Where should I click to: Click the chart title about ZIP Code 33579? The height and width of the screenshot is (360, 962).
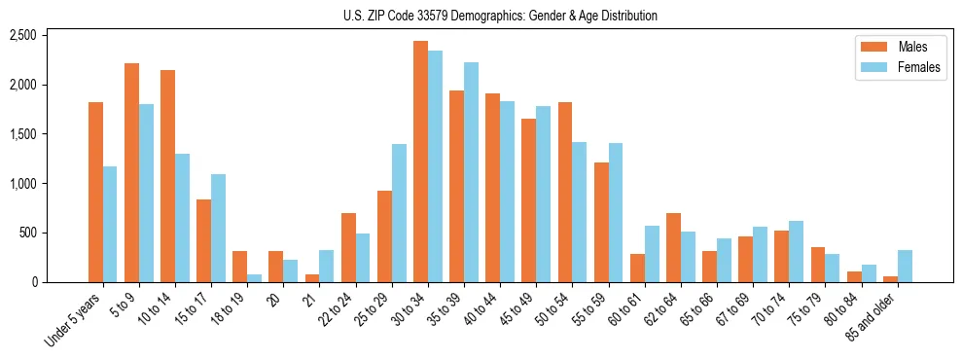coord(500,16)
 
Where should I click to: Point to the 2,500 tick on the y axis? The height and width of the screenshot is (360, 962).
coord(22,36)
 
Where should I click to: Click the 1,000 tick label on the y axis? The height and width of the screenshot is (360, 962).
coord(22,184)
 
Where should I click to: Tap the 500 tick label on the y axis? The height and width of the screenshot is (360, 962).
coord(26,234)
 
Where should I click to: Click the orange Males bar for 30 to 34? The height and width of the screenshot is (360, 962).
coord(420,162)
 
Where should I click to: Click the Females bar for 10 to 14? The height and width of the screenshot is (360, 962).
coord(183,218)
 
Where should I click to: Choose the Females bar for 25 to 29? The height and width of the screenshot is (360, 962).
coord(399,213)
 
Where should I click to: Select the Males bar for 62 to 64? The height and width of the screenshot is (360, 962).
coord(673,247)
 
